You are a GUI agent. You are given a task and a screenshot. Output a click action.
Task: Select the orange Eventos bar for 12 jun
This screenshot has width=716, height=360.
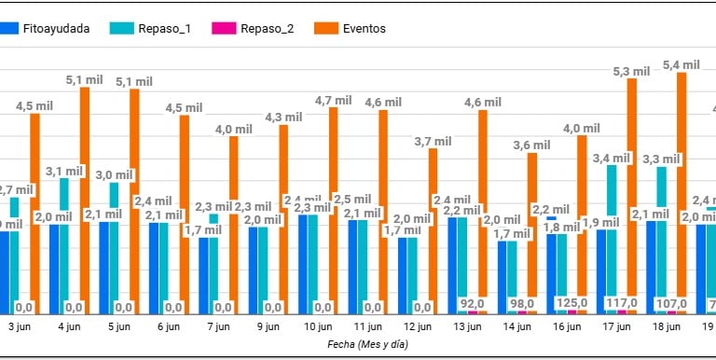[433, 230]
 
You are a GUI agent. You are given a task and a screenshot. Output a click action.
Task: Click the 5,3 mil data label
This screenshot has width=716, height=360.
[631, 71]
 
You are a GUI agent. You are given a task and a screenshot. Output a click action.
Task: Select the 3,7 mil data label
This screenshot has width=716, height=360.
[432, 142]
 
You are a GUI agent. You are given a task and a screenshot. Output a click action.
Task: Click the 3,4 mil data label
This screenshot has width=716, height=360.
[612, 158]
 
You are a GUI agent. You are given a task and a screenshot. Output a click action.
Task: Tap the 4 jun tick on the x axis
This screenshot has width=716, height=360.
[67, 327]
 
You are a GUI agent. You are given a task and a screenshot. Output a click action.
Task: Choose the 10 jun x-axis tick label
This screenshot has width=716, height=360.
[316, 327]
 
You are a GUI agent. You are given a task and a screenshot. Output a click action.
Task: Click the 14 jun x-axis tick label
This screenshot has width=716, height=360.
[516, 327]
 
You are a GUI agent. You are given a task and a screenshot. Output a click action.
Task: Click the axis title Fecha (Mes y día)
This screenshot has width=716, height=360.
[367, 344]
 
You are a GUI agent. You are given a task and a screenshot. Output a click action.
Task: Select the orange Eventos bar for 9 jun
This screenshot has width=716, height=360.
[283, 219]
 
